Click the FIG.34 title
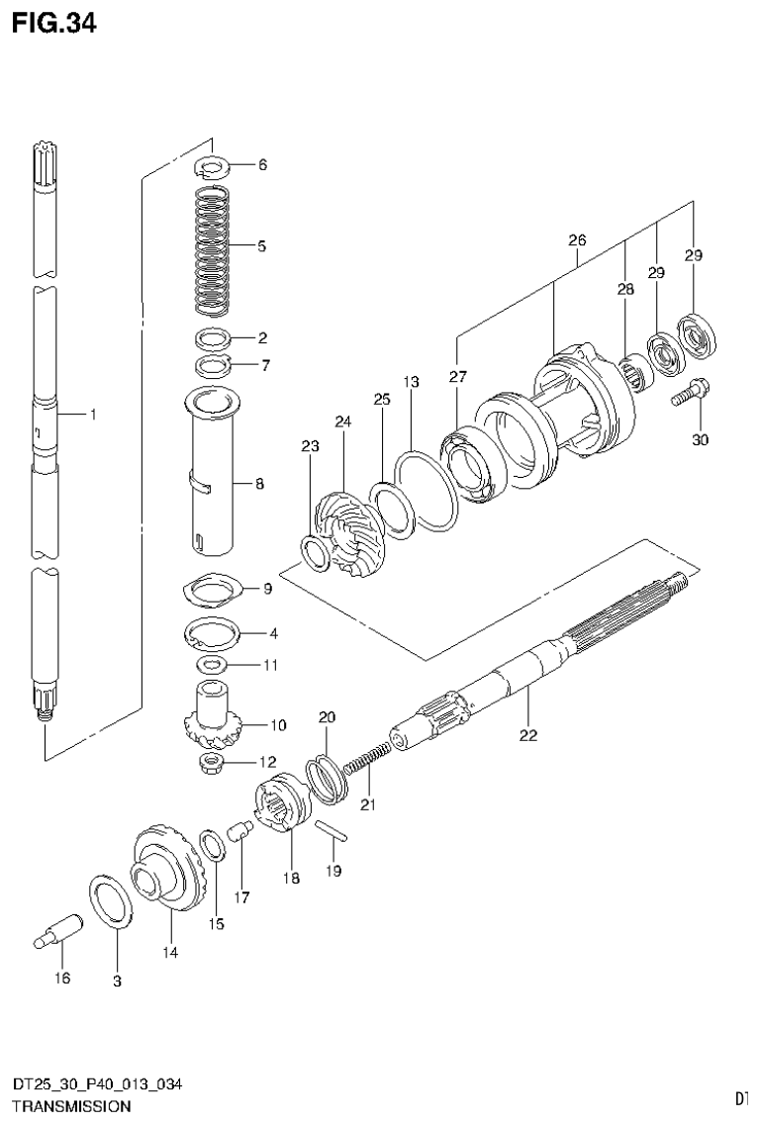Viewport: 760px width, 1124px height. [54, 25]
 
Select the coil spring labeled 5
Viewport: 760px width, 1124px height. [211, 246]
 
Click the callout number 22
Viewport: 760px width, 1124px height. [527, 735]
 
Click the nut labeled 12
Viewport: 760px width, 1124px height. [211, 762]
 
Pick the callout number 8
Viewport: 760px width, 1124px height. [258, 485]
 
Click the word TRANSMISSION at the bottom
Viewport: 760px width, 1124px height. [70, 1105]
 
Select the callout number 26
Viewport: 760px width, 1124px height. [577, 240]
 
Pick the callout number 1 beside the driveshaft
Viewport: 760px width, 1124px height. [92, 416]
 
